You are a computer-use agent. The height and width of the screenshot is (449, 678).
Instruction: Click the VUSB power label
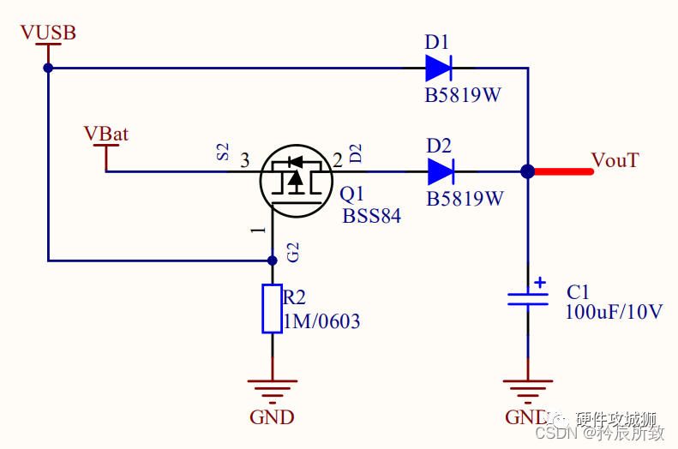coord(48,33)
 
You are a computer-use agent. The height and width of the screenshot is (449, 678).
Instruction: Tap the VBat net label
coord(106,134)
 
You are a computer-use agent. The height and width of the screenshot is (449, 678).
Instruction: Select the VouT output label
coord(615,160)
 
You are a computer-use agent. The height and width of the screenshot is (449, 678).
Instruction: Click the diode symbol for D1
coord(439,68)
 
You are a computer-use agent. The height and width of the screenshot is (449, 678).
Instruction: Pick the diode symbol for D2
coord(440,171)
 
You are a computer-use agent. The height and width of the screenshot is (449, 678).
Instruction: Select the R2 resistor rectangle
coord(273,308)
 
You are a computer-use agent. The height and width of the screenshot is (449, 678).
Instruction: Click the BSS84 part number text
coord(371,216)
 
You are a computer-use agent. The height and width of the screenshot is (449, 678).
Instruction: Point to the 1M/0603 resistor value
coord(321,322)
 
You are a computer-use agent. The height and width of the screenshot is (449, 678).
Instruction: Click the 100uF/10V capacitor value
coord(613,312)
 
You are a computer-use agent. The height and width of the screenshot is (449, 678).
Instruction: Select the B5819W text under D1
coord(463,95)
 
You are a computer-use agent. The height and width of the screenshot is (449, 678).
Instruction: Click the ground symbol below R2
coord(273,390)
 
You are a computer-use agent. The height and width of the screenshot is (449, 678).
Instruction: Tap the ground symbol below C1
coord(528,390)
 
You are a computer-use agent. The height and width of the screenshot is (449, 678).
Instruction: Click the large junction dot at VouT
coord(528,171)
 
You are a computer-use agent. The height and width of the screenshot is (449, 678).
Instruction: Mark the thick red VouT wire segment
coord(561,171)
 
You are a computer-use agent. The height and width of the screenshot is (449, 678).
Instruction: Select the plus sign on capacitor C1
coord(539,281)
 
